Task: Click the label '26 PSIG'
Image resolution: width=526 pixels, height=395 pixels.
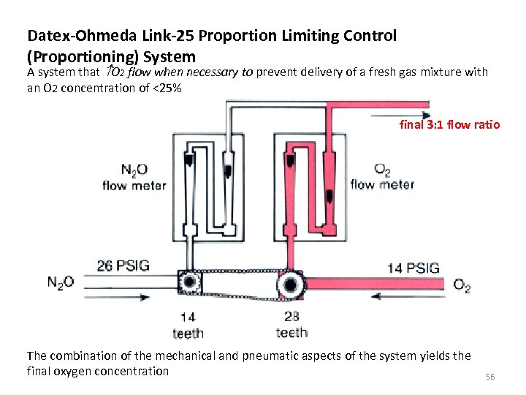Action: coord(123,266)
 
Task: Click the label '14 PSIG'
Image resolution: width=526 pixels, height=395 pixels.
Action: coord(413,268)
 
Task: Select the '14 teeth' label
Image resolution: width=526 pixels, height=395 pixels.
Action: coord(187,326)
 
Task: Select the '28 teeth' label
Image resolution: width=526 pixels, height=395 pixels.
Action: coord(291,326)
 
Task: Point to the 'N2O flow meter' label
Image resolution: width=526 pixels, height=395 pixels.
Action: coord(134,178)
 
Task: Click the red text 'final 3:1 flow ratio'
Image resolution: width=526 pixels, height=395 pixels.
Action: coord(449,124)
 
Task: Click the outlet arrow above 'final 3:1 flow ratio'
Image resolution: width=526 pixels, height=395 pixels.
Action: coord(400,114)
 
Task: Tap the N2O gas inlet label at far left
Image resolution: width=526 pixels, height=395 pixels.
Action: coord(61,282)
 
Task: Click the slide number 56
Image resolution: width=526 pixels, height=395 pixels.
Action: coord(490,376)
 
